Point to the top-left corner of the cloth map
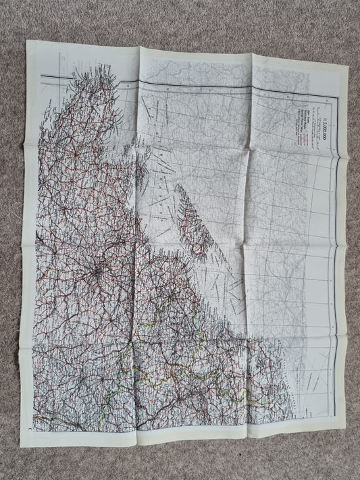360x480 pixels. click(28, 41)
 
